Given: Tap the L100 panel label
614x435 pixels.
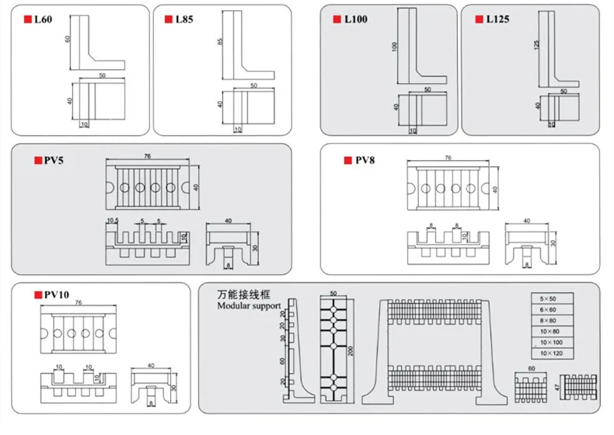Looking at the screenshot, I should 355,19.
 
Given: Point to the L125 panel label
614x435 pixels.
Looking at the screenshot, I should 497,19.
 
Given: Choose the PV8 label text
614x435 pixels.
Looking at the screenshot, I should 365,161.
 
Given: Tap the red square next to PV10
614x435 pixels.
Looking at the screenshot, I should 36,294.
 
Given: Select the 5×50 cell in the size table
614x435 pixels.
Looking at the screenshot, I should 549,298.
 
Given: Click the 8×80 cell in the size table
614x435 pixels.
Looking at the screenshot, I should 549,320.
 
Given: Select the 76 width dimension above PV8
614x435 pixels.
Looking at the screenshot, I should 448,158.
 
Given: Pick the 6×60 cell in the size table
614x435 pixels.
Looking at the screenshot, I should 549,309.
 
